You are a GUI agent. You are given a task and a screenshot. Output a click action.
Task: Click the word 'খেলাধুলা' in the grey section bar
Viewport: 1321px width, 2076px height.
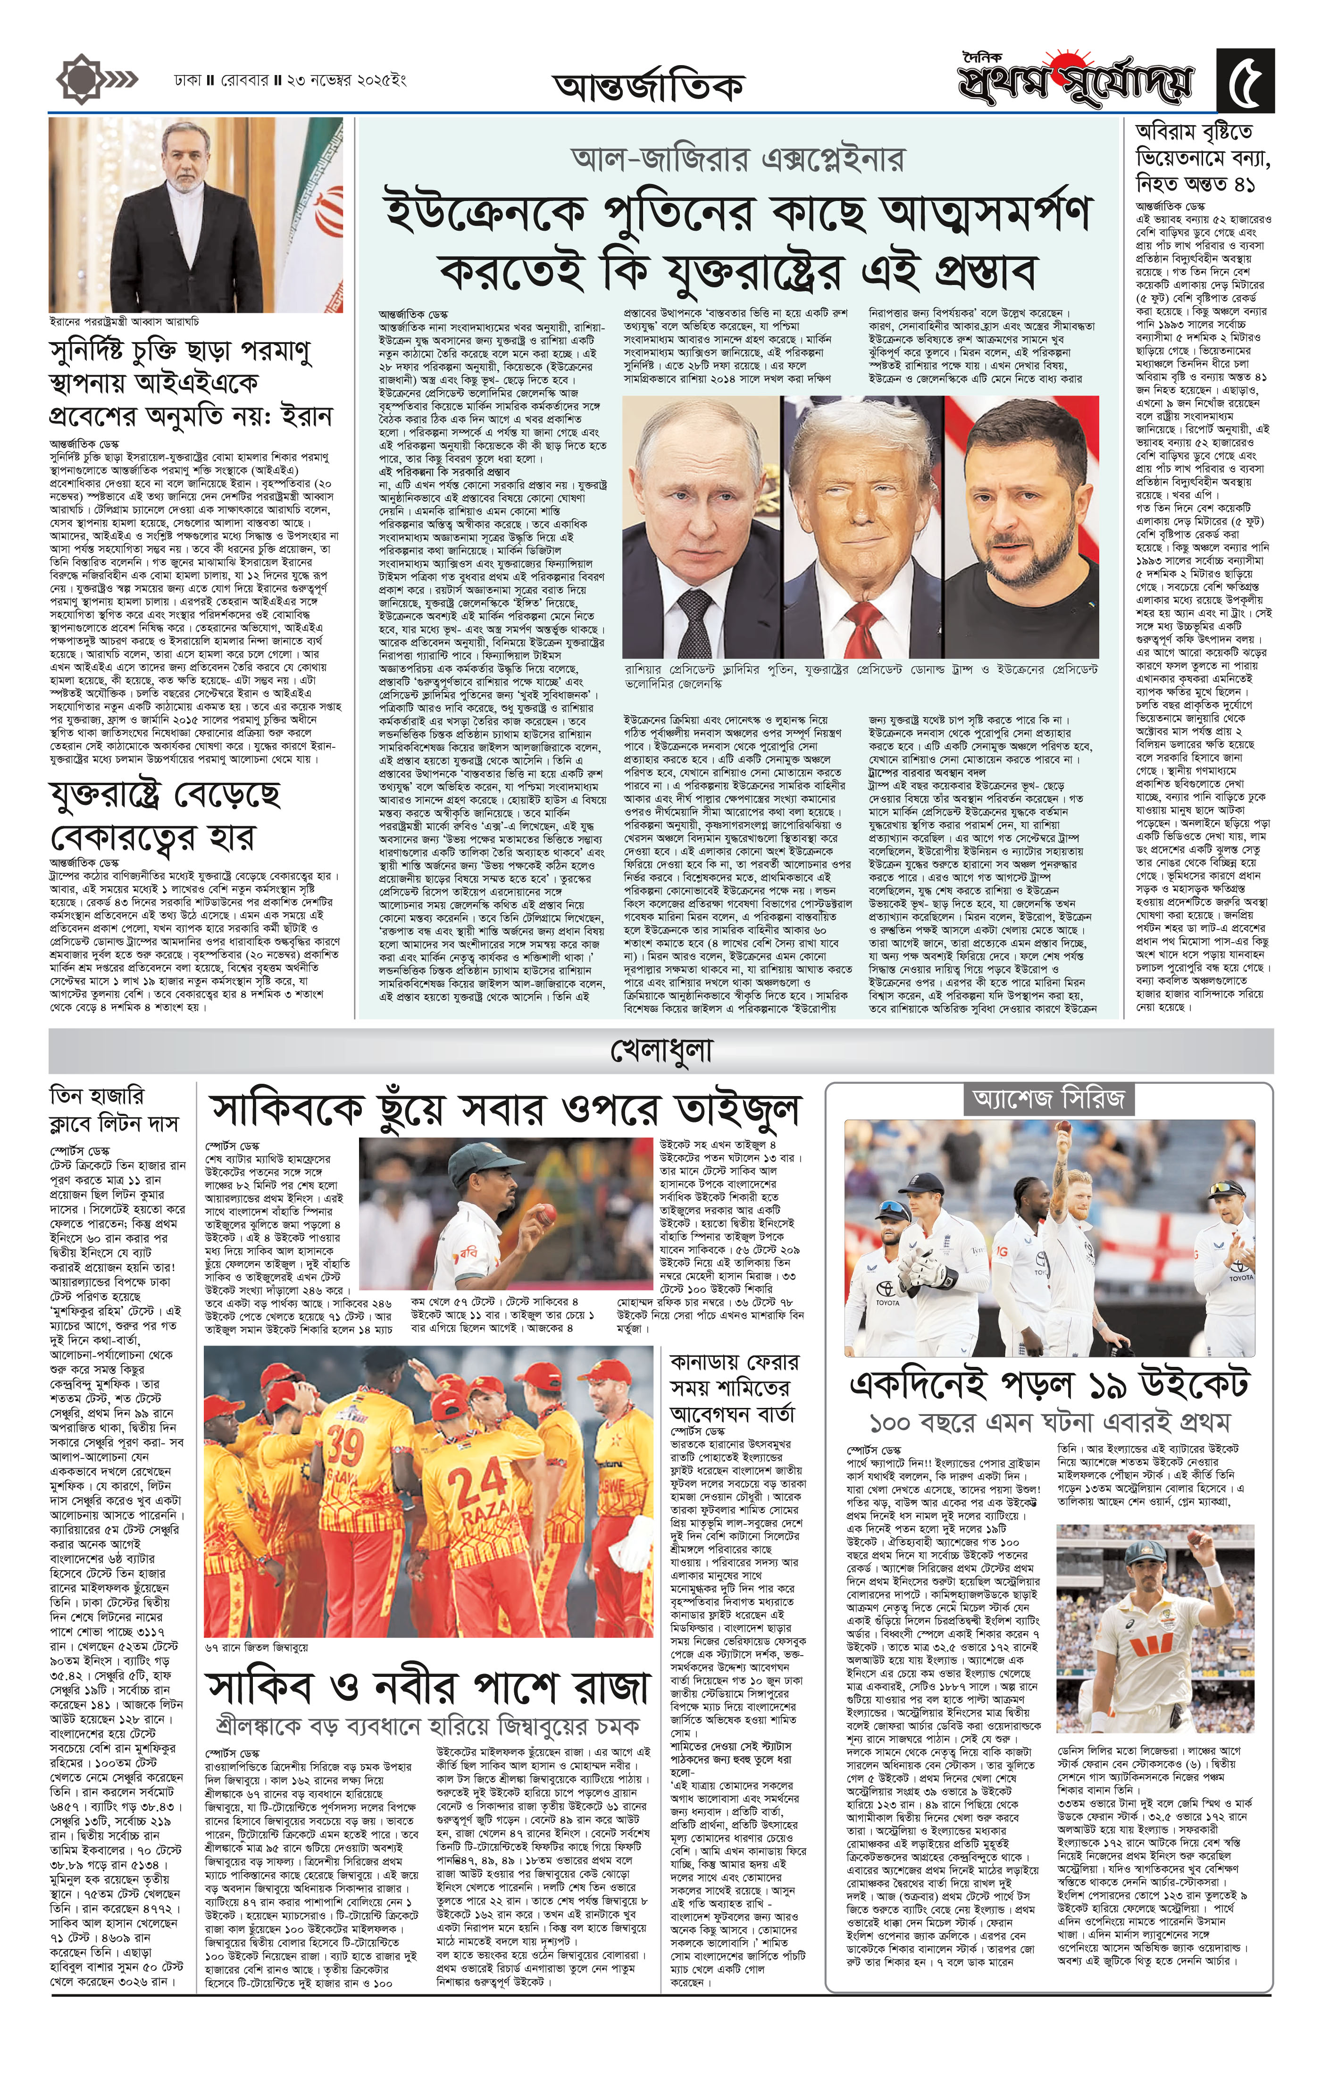pos(660,1051)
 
